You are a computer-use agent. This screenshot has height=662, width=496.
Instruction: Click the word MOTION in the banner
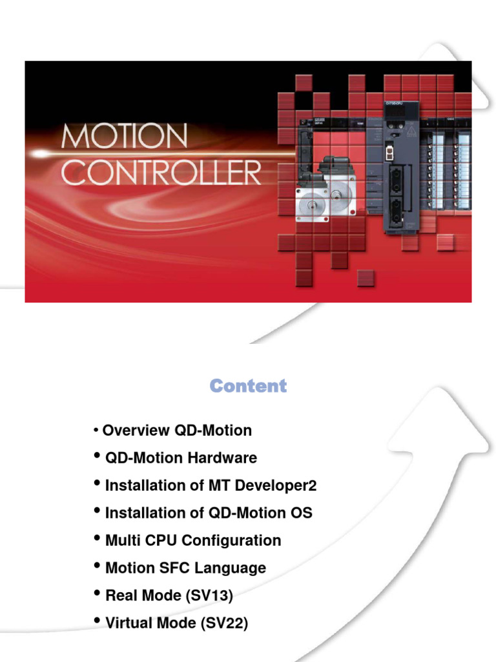click(x=125, y=138)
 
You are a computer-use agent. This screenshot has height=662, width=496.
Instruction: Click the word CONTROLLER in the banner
click(x=161, y=173)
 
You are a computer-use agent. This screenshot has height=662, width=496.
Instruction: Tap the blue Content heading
click(x=248, y=387)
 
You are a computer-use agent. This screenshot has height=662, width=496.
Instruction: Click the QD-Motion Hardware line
click(x=181, y=458)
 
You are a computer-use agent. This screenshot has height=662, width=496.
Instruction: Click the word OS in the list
click(x=301, y=513)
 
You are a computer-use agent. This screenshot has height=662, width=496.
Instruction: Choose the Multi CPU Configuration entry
click(x=193, y=540)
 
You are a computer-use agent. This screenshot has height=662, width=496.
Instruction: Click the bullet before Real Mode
click(x=98, y=594)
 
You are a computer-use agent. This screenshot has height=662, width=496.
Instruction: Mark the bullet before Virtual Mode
click(x=98, y=622)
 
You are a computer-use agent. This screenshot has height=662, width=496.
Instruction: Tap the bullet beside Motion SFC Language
click(x=98, y=566)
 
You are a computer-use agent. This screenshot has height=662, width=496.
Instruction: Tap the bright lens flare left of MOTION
click(x=40, y=154)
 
